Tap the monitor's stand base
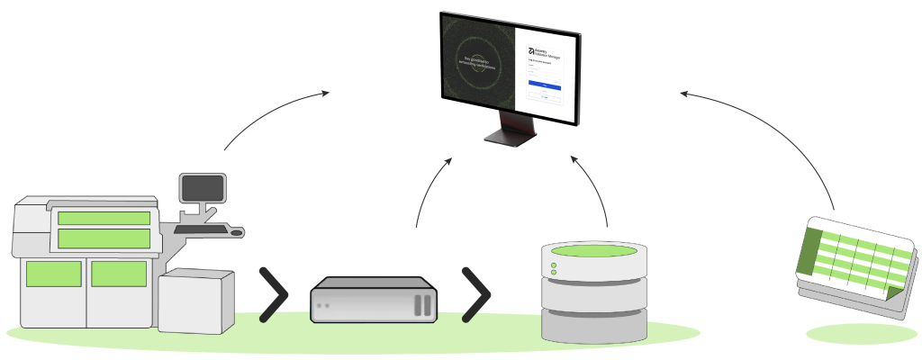(510, 137)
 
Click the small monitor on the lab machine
(202, 187)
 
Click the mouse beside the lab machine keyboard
(237, 233)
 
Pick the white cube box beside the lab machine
(195, 301)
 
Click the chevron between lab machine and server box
(274, 294)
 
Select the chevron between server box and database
(476, 294)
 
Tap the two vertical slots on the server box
(423, 304)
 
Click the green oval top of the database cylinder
(594, 250)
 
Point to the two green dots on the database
(554, 270)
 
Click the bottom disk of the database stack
(594, 326)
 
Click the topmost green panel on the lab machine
(104, 218)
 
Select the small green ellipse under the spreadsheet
(861, 334)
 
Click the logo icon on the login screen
(531, 51)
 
